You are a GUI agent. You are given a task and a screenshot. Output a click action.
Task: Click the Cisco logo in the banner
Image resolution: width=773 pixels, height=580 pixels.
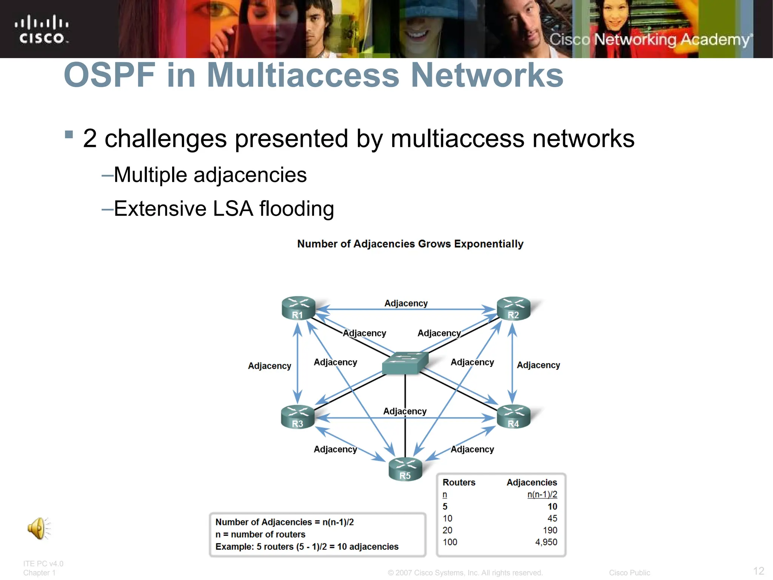[x=42, y=29]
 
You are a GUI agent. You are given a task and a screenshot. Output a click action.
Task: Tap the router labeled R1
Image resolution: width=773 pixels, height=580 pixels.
[x=298, y=308]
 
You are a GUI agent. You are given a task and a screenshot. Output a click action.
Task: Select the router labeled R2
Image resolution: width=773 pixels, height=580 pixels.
[x=513, y=309]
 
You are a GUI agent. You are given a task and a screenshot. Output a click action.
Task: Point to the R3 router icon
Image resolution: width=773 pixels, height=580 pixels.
[x=298, y=417]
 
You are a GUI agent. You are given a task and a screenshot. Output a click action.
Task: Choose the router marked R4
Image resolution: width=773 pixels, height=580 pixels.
[x=513, y=417]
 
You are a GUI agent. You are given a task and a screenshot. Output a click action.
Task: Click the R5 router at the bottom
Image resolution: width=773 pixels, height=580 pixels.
[x=405, y=469]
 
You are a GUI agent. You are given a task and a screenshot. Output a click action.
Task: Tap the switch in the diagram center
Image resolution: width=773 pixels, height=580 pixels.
[x=405, y=362]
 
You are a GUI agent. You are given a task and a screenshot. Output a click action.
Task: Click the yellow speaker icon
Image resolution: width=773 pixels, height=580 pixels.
[x=38, y=528]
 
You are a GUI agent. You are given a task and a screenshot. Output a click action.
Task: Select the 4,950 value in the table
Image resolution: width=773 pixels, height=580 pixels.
[x=546, y=542]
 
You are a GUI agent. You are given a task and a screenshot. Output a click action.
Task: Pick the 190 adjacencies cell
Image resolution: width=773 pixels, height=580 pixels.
[x=550, y=530]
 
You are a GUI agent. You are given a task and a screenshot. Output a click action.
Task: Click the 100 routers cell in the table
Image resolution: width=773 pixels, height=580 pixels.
[x=450, y=542]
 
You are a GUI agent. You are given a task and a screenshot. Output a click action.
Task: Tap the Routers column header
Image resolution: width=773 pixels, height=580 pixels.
[x=459, y=482]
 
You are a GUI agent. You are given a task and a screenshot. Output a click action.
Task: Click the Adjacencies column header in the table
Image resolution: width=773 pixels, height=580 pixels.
[x=531, y=482]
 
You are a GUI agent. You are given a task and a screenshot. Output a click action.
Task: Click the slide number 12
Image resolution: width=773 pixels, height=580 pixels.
[x=758, y=571]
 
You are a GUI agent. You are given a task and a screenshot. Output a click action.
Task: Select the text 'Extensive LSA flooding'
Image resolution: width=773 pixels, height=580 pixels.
[x=224, y=208]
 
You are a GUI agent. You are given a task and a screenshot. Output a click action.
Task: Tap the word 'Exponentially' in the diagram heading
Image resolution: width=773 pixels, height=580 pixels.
[x=488, y=244]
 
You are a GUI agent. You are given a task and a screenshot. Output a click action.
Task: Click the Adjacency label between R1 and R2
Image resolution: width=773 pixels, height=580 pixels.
[x=406, y=303]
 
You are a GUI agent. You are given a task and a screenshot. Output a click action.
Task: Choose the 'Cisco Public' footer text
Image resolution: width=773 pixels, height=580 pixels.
[x=629, y=572]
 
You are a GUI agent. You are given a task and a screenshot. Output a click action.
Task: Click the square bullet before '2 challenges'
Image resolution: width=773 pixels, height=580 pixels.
[x=69, y=134]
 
